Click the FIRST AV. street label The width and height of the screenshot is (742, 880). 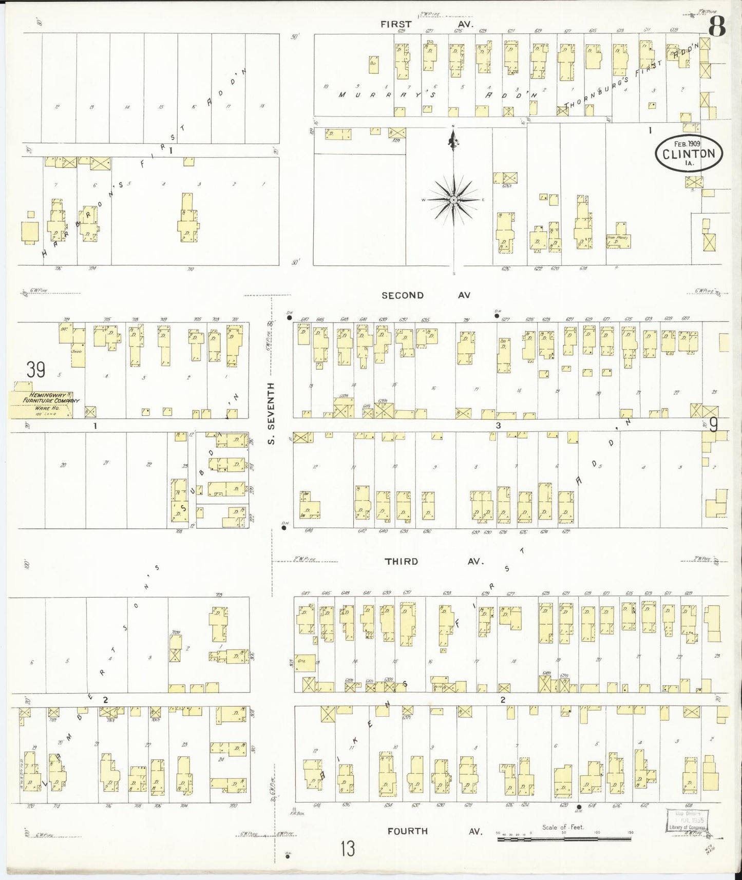click(427, 24)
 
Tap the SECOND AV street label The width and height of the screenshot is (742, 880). click(426, 295)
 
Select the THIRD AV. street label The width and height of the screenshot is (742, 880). click(434, 562)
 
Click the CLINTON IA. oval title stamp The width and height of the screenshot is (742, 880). click(689, 153)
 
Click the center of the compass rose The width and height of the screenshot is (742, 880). click(454, 199)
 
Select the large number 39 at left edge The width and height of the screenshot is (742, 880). click(36, 370)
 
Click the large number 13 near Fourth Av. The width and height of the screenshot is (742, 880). click(347, 849)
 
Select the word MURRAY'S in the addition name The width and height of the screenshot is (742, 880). click(367, 94)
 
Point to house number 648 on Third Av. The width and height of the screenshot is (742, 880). click(309, 530)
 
